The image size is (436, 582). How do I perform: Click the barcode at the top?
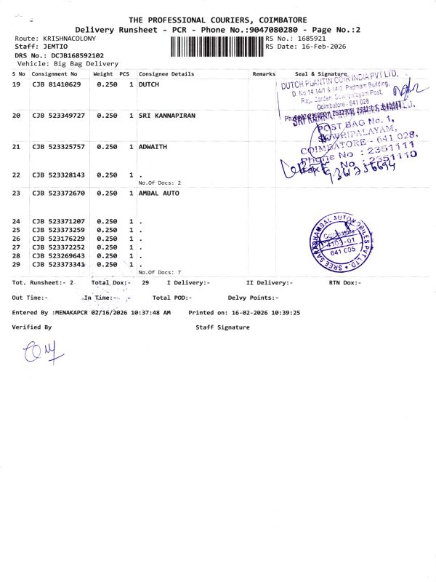pyautogui.click(x=217, y=47)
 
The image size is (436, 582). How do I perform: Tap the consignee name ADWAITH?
pyautogui.click(x=153, y=146)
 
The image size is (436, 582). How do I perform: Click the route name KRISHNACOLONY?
pyautogui.click(x=70, y=38)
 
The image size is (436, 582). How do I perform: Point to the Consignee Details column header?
pyautogui.click(x=166, y=74)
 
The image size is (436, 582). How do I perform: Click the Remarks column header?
pyautogui.click(x=264, y=74)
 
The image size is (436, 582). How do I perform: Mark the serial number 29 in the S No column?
pyautogui.click(x=17, y=264)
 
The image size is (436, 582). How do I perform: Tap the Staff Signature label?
pyautogui.click(x=222, y=327)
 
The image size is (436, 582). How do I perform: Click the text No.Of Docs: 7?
pyautogui.click(x=159, y=272)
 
